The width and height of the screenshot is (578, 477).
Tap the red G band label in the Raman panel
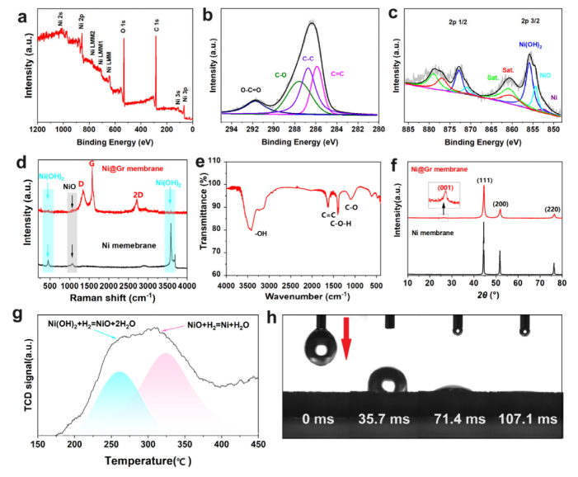tap(92, 163)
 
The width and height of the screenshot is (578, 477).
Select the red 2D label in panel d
tap(139, 195)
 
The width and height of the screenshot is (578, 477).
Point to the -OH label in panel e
tap(261, 234)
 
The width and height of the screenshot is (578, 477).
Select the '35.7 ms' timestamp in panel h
tap(376, 420)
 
